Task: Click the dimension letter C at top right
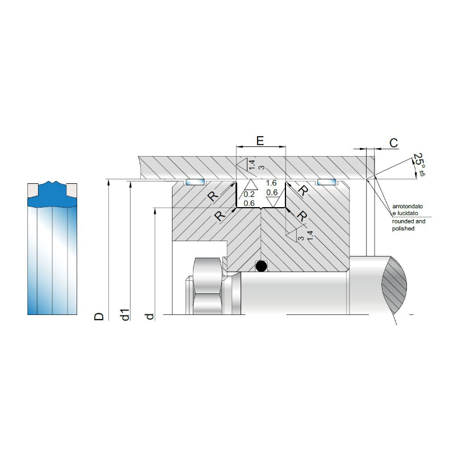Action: (393, 143)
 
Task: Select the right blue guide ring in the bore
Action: (327, 182)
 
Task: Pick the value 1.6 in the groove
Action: (271, 183)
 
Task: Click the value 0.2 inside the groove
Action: (249, 194)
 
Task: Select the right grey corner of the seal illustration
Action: (73, 188)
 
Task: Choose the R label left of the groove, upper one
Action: (213, 196)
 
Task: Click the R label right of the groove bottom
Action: (301, 216)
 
